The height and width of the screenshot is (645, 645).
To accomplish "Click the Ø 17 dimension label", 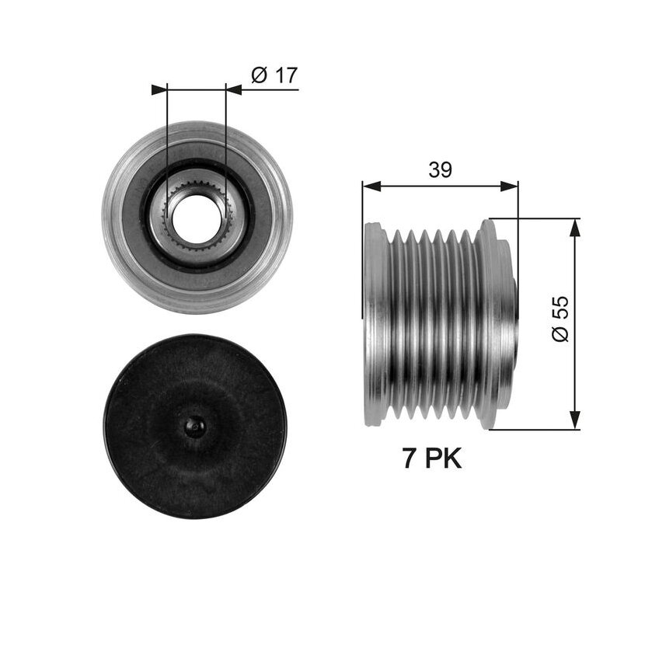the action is click(x=274, y=75).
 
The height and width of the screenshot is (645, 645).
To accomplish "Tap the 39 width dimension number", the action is click(x=440, y=169).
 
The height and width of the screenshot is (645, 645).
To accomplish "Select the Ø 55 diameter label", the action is click(x=560, y=318).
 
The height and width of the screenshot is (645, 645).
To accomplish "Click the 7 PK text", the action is click(x=432, y=458).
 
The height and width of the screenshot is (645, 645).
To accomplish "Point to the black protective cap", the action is click(x=195, y=426).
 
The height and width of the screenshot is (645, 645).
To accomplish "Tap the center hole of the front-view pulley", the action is click(x=197, y=216).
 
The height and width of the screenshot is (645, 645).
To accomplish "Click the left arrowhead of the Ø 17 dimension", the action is click(x=159, y=89).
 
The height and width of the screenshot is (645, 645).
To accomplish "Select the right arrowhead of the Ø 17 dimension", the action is click(x=234, y=89).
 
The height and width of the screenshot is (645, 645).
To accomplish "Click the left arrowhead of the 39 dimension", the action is click(x=371, y=187).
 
